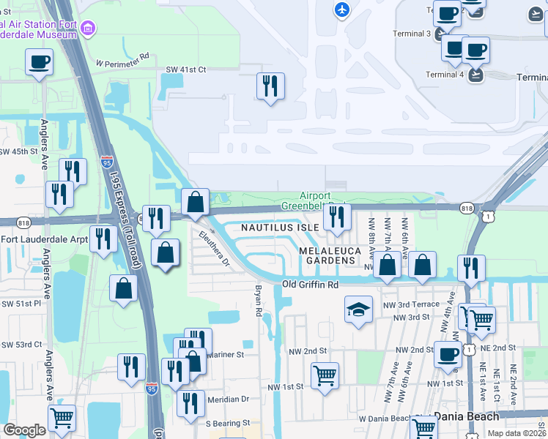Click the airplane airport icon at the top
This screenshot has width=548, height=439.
341,10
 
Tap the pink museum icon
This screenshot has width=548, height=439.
89,29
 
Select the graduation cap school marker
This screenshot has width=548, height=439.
358,308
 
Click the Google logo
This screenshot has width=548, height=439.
24,430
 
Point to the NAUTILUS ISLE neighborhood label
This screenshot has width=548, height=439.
281,228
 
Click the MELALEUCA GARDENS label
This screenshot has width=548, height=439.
331,255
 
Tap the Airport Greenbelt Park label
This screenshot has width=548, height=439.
322,200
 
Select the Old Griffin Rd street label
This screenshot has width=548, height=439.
312,285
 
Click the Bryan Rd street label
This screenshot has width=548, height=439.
259,301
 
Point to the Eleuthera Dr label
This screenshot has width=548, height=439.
215,248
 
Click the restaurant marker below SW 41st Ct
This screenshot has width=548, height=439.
270,86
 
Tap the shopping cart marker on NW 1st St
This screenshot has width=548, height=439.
325,375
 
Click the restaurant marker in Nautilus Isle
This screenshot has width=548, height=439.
336,217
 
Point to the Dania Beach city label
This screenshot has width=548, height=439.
466,416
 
